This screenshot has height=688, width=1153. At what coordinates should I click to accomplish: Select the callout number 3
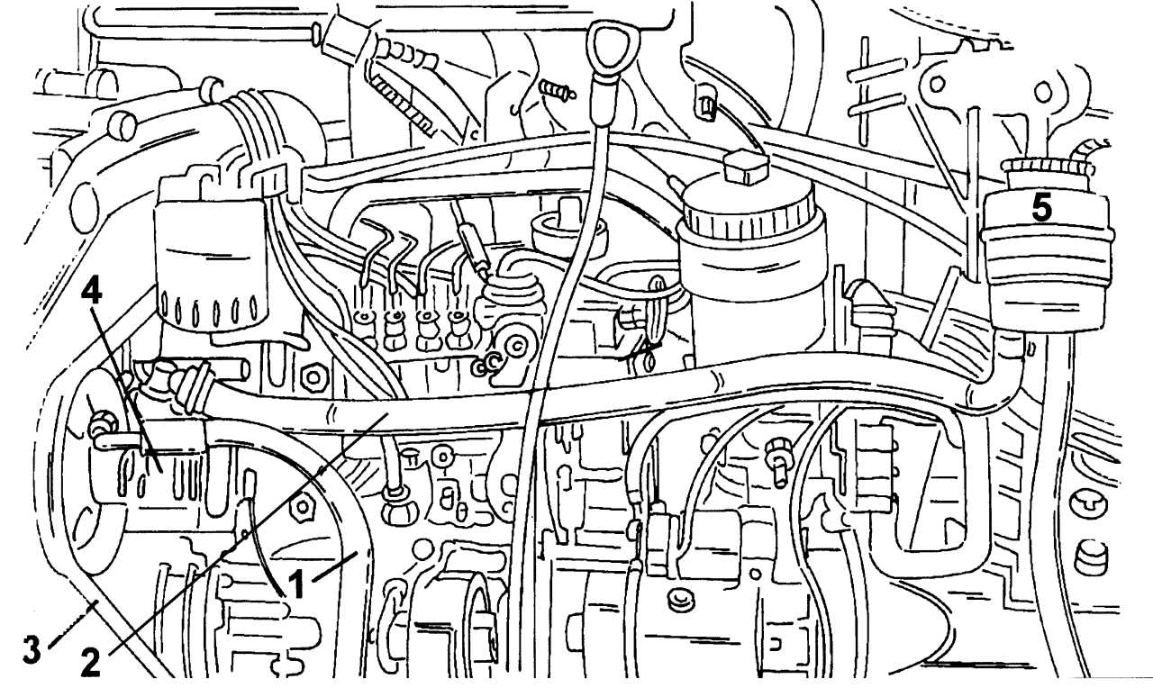pyautogui.click(x=32, y=649)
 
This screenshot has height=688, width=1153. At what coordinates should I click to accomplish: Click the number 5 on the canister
pyautogui.click(x=1041, y=208)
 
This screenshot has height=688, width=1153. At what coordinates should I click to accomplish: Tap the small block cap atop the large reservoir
pyautogui.click(x=745, y=167)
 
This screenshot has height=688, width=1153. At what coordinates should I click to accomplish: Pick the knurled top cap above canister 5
pyautogui.click(x=1047, y=166)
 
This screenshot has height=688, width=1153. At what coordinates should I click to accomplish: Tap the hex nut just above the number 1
pyautogui.click(x=302, y=508)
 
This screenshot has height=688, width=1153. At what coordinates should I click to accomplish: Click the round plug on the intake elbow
pyautogui.click(x=123, y=127)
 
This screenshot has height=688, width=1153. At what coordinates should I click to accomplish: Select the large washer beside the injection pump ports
pyautogui.click(x=514, y=347)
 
